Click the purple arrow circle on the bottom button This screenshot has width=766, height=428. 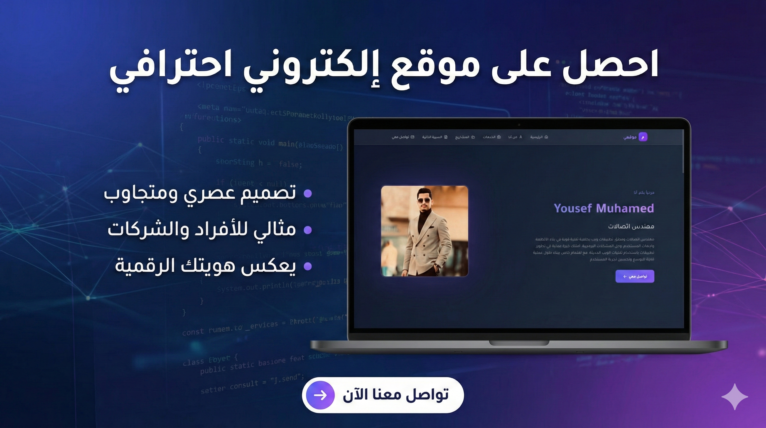(x=320, y=395)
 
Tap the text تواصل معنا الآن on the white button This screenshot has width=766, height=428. (x=396, y=395)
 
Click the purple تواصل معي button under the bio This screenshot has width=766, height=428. (x=635, y=276)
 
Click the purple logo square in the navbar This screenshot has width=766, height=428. (x=643, y=137)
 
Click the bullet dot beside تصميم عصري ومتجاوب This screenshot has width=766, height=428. (x=308, y=193)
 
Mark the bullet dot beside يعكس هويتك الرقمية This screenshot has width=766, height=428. (x=308, y=266)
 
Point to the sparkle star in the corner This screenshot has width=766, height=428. (x=735, y=397)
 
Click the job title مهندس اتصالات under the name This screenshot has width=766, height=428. (x=631, y=227)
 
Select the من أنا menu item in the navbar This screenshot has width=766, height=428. (x=515, y=137)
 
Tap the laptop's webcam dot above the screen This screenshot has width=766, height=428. (x=519, y=125)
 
